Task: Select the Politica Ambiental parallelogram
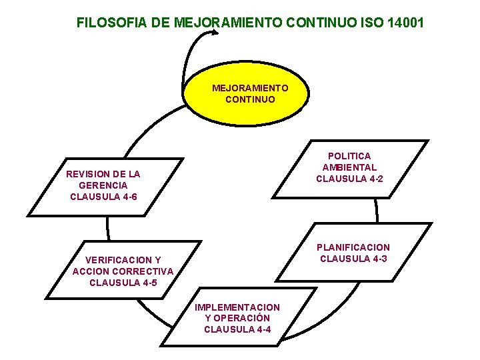[x=349, y=168]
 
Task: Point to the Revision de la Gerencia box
[x=104, y=186]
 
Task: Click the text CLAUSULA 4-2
[x=349, y=179]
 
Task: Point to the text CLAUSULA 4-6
[x=103, y=197]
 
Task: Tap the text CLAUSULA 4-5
[x=123, y=283]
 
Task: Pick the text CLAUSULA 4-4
[x=237, y=329]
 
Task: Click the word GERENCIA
[x=103, y=185]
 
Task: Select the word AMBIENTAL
[x=349, y=167]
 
